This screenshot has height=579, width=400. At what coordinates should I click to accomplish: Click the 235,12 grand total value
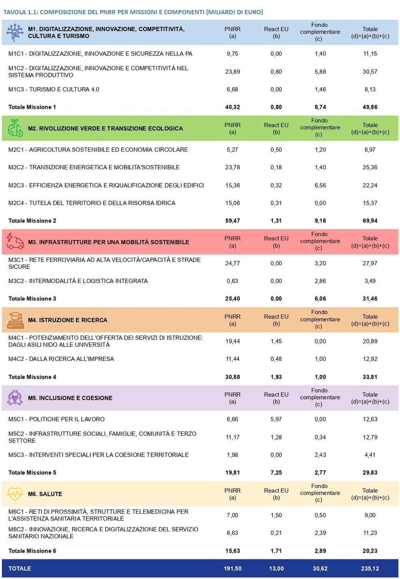point(370,568)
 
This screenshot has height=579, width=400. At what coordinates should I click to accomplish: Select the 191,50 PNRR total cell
point(232,568)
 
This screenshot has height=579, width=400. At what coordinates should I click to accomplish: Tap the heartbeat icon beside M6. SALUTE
point(15,494)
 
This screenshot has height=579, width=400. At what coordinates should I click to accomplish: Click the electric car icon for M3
point(15,241)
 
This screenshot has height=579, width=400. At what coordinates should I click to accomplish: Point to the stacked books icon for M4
point(15,320)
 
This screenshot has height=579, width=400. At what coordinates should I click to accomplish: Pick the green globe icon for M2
point(15,128)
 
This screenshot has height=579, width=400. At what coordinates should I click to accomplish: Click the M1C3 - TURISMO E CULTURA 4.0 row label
point(54,90)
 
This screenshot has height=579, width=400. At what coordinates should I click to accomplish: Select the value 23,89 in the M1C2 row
point(232,72)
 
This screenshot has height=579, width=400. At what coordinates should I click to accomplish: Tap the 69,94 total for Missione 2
point(370,220)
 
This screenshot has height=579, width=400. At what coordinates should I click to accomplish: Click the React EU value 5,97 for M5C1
point(276,419)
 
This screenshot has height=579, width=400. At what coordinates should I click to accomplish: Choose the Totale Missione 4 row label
point(32,377)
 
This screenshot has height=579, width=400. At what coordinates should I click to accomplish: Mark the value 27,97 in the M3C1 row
point(370,263)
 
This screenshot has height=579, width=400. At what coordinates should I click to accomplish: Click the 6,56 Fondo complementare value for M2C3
point(320,185)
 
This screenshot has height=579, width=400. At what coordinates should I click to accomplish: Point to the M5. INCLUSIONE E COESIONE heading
point(70,398)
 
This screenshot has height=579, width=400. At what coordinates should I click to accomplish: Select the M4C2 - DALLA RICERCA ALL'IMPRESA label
point(61,359)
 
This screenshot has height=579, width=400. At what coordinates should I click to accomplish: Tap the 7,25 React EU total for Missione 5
point(276,473)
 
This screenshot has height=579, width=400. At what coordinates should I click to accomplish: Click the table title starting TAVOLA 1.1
point(133,12)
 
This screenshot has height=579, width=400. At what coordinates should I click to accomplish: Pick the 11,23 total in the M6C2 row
point(370,533)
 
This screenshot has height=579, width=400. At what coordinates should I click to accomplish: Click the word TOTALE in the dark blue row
point(20,568)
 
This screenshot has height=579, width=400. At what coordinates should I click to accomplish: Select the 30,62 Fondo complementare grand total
point(320,568)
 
